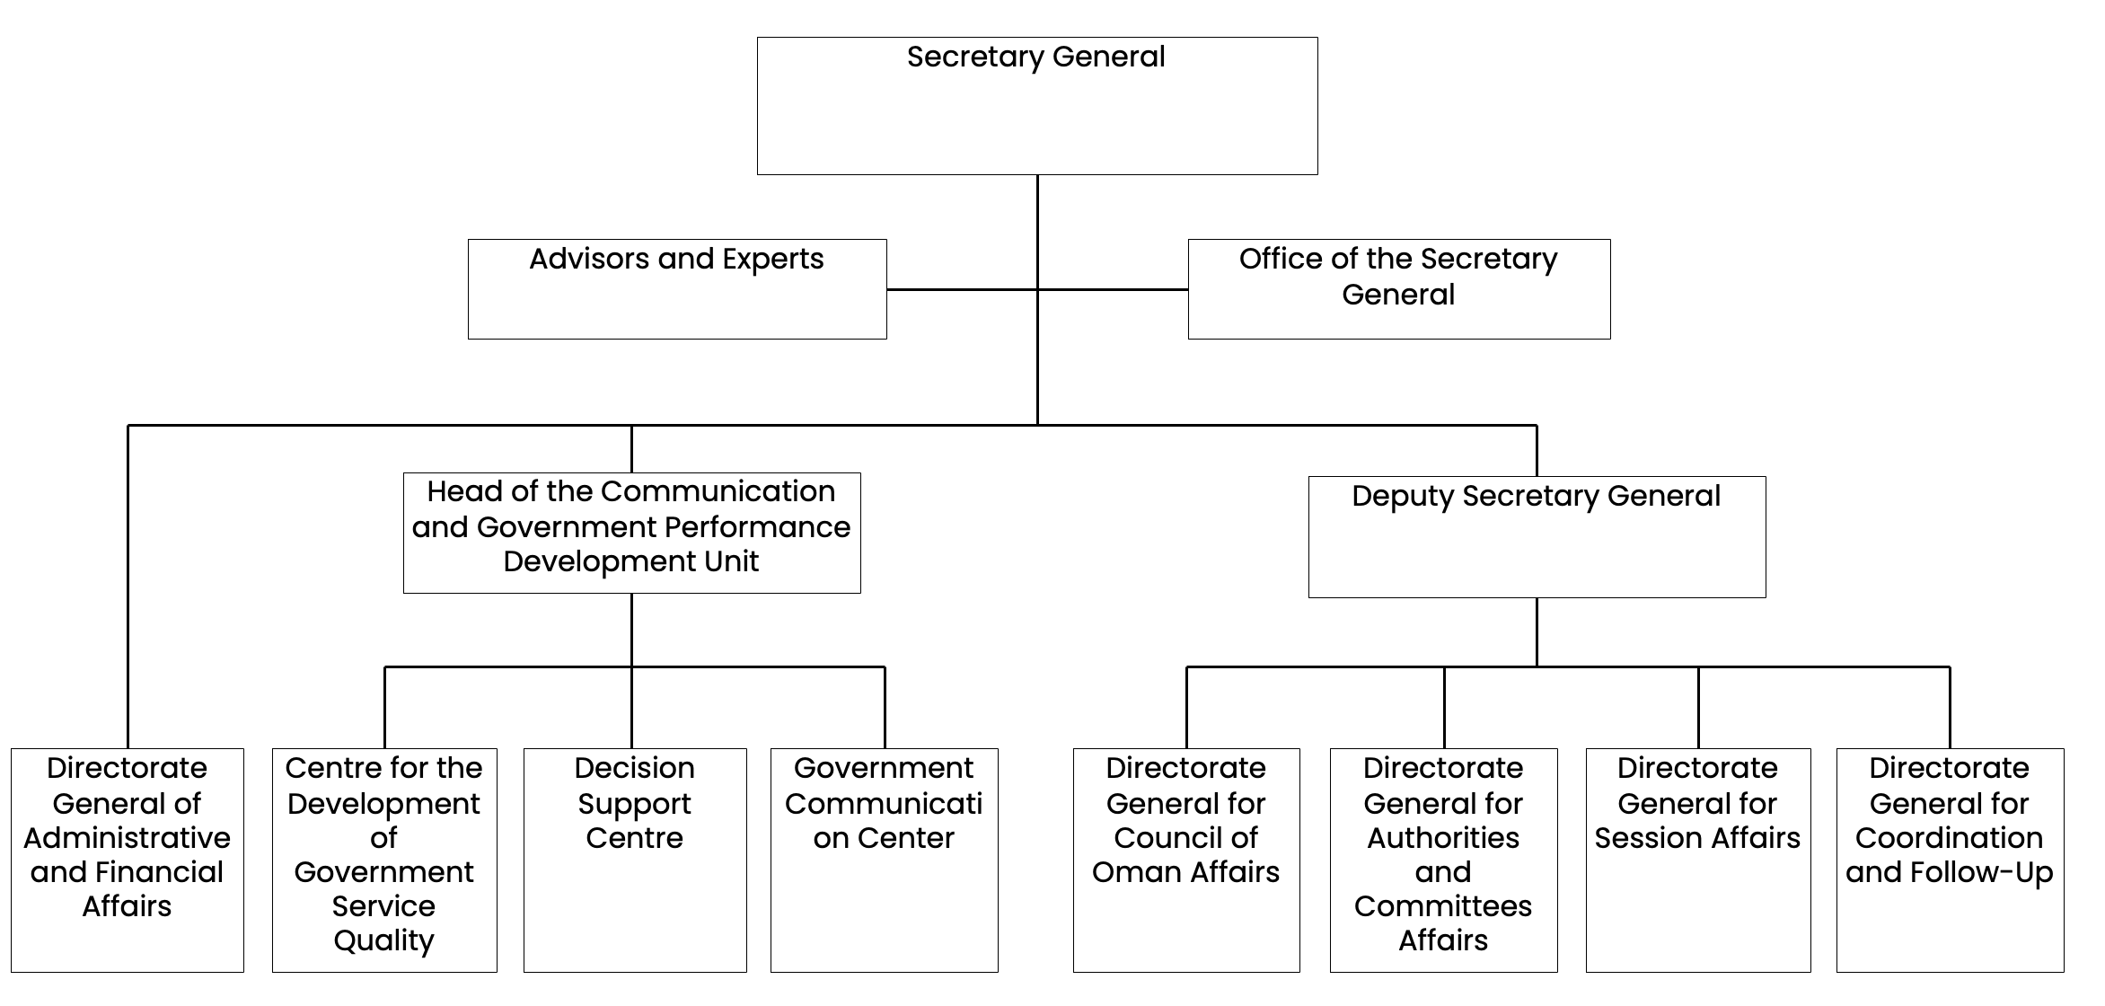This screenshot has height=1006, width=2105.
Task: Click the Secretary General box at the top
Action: (1037, 106)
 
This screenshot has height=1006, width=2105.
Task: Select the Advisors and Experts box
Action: (677, 289)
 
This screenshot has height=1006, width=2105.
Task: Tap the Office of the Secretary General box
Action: (1399, 289)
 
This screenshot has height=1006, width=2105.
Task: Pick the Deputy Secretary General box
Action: (1537, 537)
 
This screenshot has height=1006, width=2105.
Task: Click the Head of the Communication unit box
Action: (631, 533)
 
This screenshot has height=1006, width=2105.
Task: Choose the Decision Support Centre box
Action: (635, 860)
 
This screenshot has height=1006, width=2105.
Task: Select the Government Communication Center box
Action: (884, 860)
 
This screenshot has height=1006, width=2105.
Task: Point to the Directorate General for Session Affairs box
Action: (1697, 860)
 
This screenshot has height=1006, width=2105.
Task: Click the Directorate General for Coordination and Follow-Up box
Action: (1950, 860)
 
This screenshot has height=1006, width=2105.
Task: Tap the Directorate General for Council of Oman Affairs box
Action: (1186, 860)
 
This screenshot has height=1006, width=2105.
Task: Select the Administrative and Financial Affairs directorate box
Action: (128, 860)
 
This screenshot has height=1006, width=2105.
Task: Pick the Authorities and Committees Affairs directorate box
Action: (1443, 860)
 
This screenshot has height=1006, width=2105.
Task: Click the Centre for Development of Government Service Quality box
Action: (384, 860)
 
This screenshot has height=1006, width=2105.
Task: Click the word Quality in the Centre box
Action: (384, 940)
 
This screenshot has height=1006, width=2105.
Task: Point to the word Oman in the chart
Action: (1134, 872)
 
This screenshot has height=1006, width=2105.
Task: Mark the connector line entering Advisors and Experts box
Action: (961, 289)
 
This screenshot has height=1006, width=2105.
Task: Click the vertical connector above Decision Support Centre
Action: (631, 708)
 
